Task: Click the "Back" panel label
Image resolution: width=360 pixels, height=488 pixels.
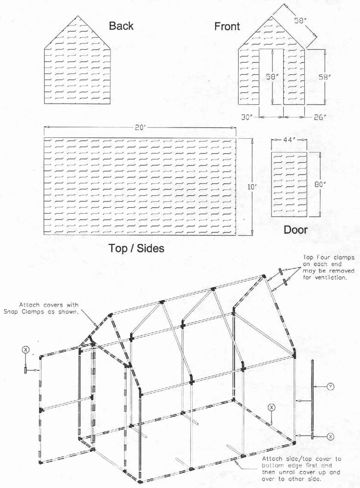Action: (x=121, y=25)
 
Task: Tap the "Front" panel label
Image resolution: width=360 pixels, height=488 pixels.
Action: (x=227, y=26)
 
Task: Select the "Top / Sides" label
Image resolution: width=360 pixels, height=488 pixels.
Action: (x=136, y=248)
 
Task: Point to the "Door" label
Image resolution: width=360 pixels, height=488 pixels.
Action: (x=296, y=229)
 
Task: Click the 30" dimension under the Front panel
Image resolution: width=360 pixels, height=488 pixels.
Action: (x=247, y=117)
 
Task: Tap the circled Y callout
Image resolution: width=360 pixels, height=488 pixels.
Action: (x=331, y=387)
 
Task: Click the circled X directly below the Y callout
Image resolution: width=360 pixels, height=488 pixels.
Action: (x=331, y=436)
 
